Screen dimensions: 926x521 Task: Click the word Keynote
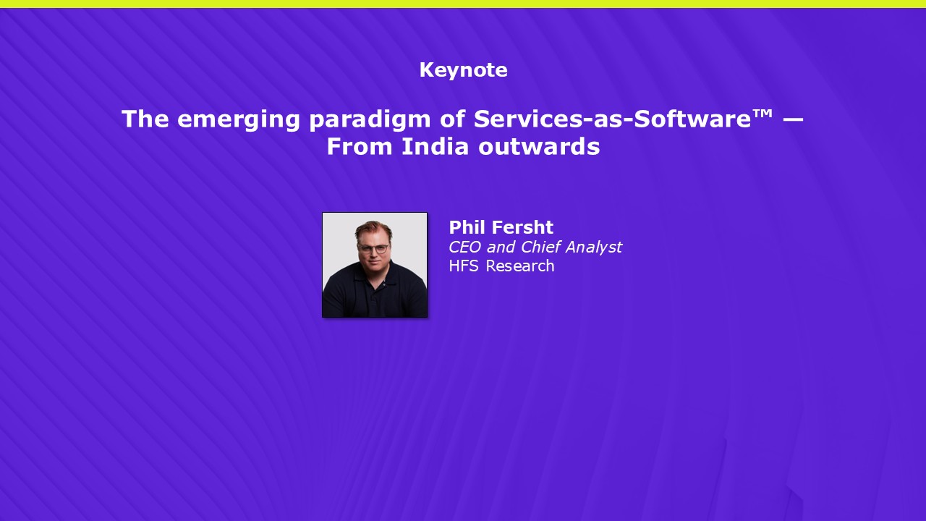pyautogui.click(x=464, y=70)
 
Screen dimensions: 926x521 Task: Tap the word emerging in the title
pyautogui.click(x=238, y=120)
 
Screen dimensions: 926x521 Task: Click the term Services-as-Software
pyautogui.click(x=612, y=119)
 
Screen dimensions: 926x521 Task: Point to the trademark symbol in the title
pyautogui.click(x=763, y=114)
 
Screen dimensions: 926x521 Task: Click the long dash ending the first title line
pyautogui.click(x=793, y=119)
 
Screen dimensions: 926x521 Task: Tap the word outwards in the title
pyautogui.click(x=539, y=146)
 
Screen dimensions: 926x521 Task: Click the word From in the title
pyautogui.click(x=360, y=146)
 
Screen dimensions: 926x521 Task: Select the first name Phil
pyautogui.click(x=467, y=227)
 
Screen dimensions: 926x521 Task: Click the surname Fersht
pyautogui.click(x=522, y=227)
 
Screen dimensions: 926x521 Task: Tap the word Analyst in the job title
pyautogui.click(x=594, y=247)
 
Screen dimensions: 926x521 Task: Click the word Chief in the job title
pyautogui.click(x=540, y=247)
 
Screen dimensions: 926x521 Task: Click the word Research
pyautogui.click(x=520, y=266)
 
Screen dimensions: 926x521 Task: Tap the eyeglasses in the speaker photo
pyautogui.click(x=374, y=248)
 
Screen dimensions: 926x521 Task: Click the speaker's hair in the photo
pyautogui.click(x=373, y=228)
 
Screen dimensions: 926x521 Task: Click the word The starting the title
pyautogui.click(x=145, y=119)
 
